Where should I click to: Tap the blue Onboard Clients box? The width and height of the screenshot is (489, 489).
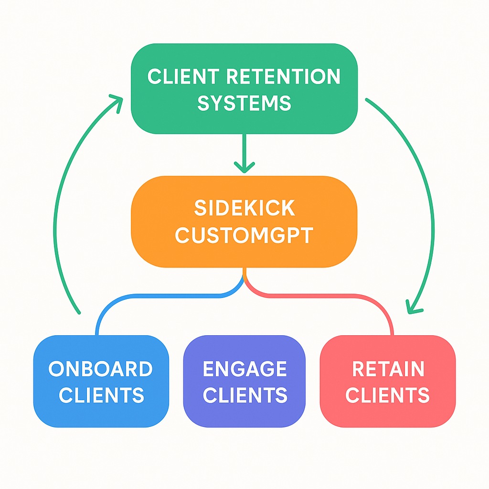(x=101, y=381)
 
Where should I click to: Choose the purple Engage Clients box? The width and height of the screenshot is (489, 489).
(x=244, y=381)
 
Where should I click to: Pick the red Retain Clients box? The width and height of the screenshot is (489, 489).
(x=387, y=381)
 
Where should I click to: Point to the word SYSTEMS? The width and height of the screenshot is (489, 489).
(x=244, y=103)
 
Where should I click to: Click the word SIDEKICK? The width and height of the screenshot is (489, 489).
(x=244, y=208)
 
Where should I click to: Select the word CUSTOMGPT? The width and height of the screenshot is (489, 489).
(x=244, y=235)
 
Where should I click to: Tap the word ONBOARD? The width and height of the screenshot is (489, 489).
(x=101, y=369)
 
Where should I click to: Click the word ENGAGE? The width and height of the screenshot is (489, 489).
(x=244, y=369)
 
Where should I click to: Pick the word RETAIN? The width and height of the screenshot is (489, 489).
(x=388, y=369)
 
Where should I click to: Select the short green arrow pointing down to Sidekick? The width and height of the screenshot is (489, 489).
(x=244, y=153)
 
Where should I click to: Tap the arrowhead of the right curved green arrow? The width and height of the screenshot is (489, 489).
(x=413, y=308)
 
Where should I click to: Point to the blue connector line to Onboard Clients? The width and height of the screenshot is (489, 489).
(x=143, y=297)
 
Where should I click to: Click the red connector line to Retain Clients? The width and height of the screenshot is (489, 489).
(x=344, y=297)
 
